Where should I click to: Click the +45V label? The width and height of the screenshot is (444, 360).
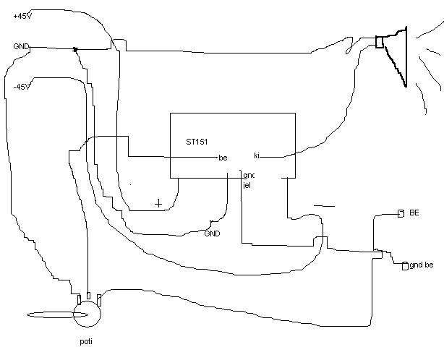[x=22, y=17]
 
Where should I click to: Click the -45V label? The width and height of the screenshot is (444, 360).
[x=22, y=87]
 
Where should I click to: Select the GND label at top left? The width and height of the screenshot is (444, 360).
[x=21, y=47]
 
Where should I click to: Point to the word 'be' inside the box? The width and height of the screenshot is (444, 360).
[x=222, y=158]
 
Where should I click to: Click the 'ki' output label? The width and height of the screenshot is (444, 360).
[x=257, y=155]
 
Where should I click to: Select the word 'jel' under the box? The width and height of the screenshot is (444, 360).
[x=247, y=185]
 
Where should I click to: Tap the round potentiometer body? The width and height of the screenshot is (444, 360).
[x=87, y=313]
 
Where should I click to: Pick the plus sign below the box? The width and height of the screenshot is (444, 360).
[x=158, y=203]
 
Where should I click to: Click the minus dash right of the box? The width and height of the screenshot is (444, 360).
[x=324, y=205]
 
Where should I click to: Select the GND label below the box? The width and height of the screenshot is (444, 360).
[x=212, y=233]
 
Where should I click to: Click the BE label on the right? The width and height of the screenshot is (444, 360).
[x=414, y=213]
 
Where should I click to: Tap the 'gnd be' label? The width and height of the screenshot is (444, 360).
[x=422, y=265]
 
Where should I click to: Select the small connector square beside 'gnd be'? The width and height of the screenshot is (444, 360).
[x=405, y=266]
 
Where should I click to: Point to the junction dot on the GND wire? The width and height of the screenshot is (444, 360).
[x=74, y=50]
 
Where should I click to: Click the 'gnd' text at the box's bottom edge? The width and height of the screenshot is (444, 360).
[x=248, y=176]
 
